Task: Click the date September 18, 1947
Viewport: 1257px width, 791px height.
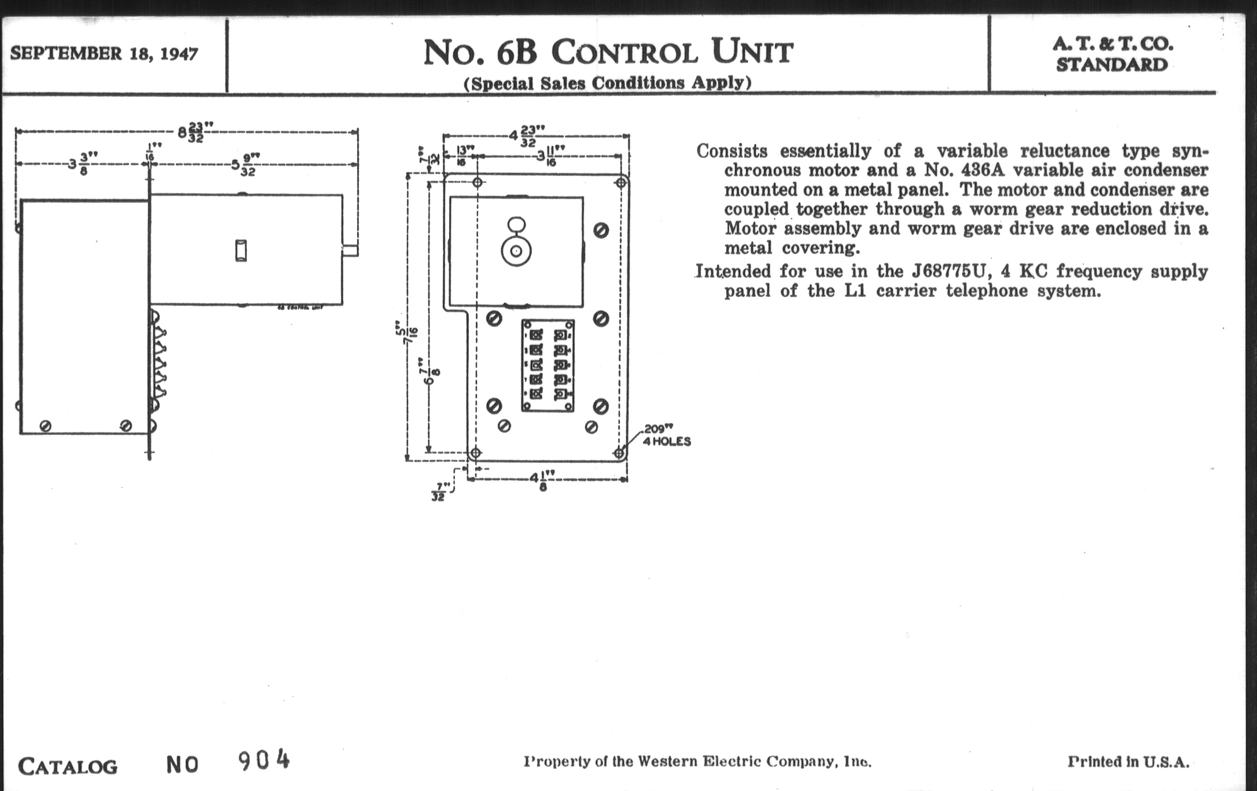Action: point(104,54)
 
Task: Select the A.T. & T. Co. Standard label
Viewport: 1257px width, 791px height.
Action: point(1112,54)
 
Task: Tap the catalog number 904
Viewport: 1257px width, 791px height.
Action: point(264,760)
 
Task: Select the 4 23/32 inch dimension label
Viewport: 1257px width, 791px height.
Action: point(528,136)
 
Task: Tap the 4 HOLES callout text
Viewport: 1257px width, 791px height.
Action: point(667,442)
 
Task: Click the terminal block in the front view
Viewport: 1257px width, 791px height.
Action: point(547,366)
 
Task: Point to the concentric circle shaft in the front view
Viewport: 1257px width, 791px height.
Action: point(516,252)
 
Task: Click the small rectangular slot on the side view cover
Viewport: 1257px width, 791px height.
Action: point(241,251)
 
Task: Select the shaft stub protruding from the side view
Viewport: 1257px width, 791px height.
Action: point(350,251)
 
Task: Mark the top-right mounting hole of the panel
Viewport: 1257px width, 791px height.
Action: point(621,182)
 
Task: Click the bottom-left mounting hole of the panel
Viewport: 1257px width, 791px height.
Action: point(475,453)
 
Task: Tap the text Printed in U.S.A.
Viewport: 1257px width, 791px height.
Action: point(1128,762)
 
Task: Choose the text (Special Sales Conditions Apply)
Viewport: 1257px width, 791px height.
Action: point(608,83)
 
